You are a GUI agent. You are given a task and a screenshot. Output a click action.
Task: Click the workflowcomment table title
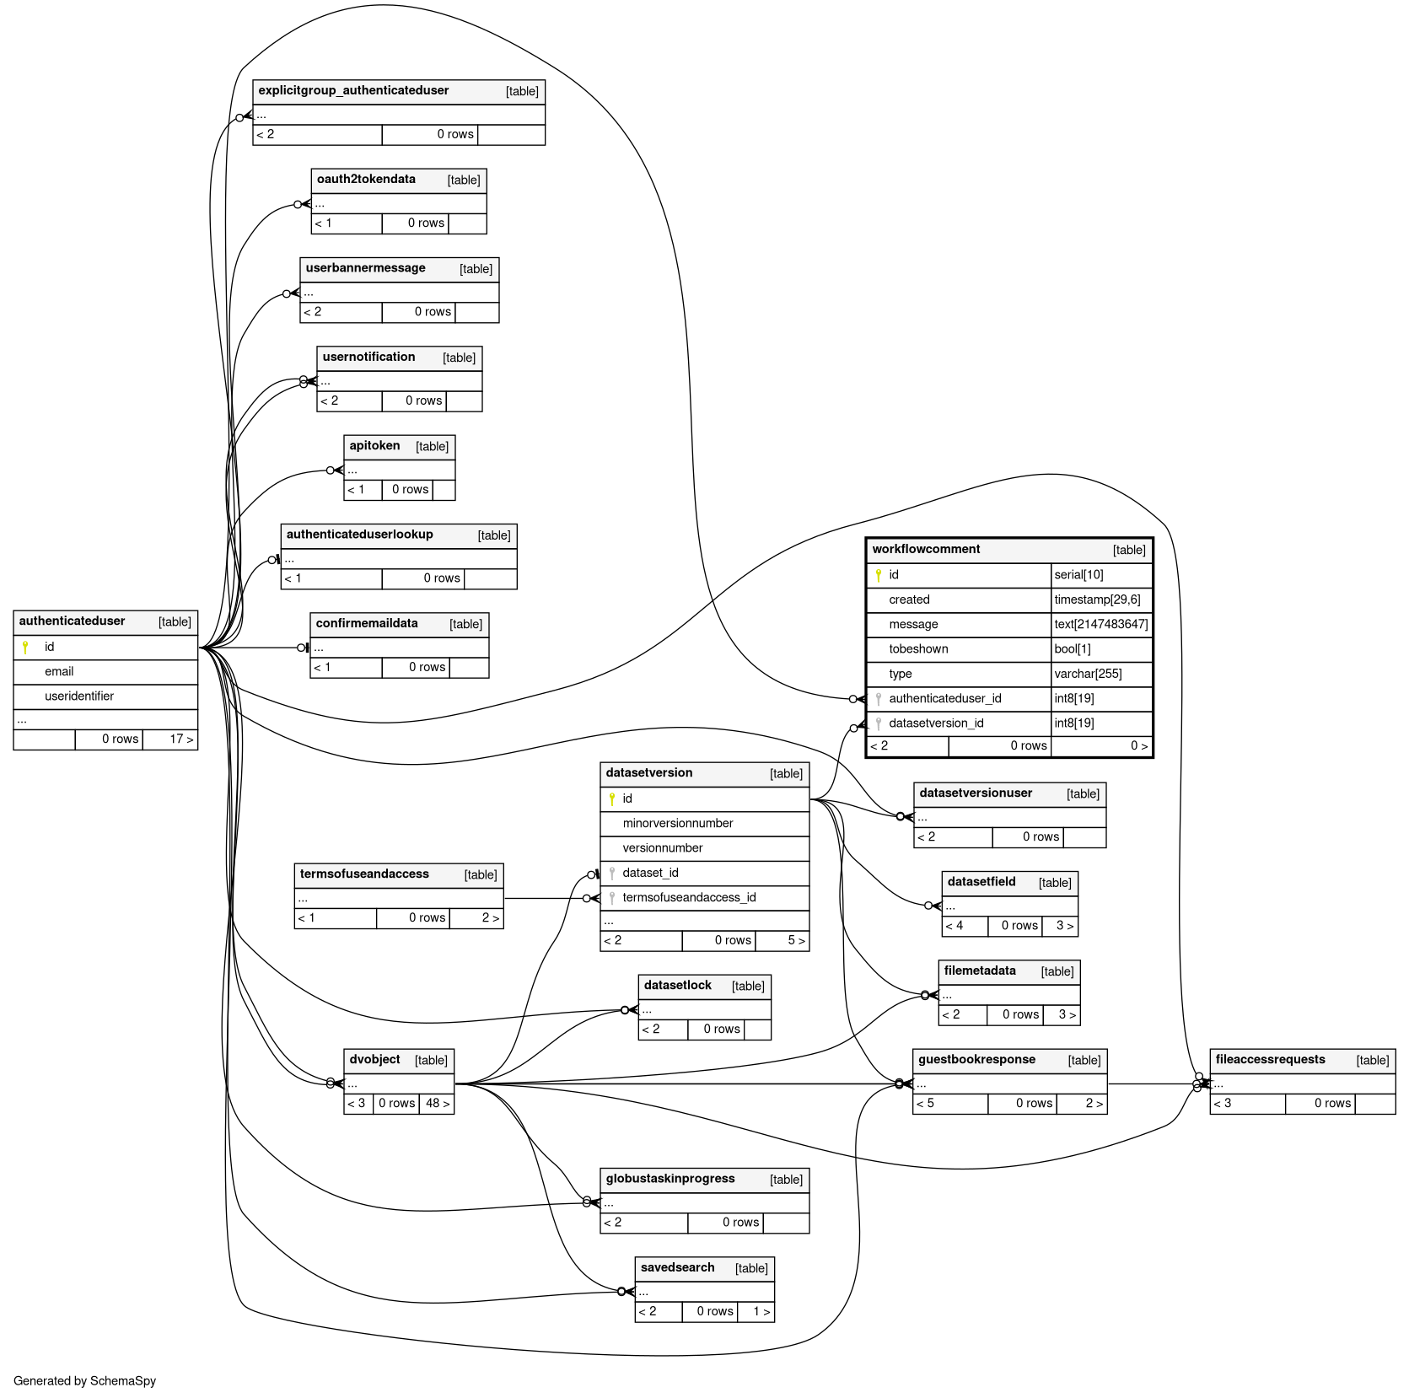(x=926, y=550)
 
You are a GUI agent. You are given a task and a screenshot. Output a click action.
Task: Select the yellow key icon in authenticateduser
(x=25, y=647)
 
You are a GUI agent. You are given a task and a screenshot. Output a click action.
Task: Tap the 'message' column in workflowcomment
(x=913, y=625)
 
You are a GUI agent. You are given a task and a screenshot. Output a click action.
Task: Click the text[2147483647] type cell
(x=1100, y=625)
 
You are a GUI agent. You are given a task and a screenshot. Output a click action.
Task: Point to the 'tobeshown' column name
(x=918, y=649)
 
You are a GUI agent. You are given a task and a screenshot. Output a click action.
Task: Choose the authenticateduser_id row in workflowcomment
(x=944, y=699)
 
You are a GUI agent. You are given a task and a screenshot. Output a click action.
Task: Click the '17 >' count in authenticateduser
(x=181, y=739)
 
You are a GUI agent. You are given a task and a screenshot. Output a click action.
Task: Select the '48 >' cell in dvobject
(x=438, y=1104)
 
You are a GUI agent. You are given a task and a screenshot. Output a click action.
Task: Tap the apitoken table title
(x=374, y=446)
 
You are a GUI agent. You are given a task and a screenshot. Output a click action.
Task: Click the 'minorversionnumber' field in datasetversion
(x=677, y=824)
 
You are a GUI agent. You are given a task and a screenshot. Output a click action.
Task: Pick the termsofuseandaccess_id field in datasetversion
(x=689, y=898)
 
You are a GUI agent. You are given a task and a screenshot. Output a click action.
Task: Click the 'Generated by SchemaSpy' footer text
(x=84, y=1381)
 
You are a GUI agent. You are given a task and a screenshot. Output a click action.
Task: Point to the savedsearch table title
(x=677, y=1268)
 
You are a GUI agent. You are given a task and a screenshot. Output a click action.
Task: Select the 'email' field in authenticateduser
(x=59, y=672)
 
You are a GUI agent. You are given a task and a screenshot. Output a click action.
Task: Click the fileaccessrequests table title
(x=1270, y=1060)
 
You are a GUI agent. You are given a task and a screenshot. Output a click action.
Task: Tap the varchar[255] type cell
(x=1088, y=675)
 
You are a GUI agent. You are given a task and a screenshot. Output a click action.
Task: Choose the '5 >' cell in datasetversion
(x=796, y=941)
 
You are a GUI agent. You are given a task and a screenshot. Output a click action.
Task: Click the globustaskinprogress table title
(x=670, y=1179)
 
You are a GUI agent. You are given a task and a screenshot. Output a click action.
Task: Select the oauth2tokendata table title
(x=366, y=180)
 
